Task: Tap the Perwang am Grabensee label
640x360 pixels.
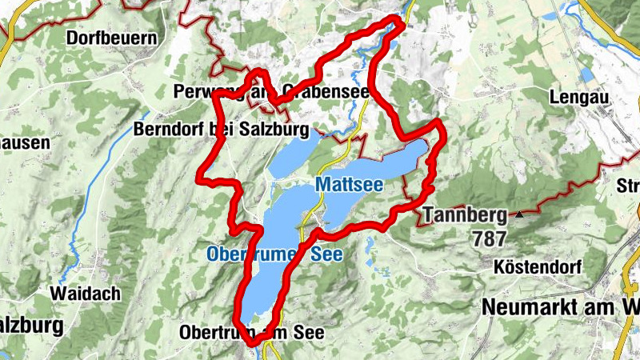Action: point(271,92)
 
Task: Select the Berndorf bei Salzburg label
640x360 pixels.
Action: point(222,129)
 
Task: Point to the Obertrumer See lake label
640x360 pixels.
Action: point(274,254)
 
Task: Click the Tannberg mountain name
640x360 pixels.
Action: point(465,214)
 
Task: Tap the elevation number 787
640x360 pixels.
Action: point(490,238)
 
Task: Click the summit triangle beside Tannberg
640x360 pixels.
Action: point(521,214)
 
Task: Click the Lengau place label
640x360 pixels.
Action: point(579,98)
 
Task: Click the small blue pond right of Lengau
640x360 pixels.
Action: point(587,76)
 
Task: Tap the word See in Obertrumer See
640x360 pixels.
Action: point(326,254)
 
